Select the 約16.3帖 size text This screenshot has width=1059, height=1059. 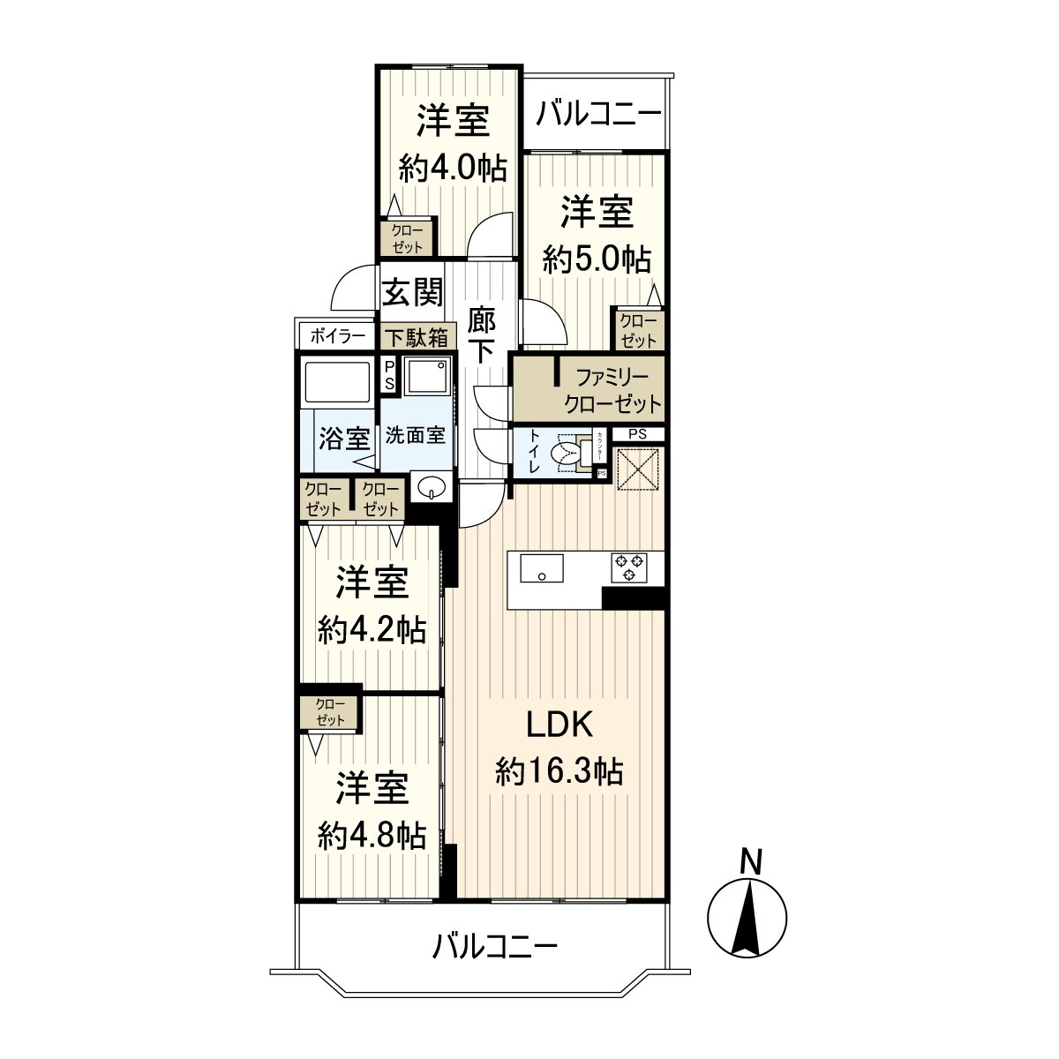click(560, 772)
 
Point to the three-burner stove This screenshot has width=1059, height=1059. click(629, 567)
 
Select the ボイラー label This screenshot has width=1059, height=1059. click(337, 336)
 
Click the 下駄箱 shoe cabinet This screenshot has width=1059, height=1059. click(415, 337)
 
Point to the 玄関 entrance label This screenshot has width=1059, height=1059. click(412, 293)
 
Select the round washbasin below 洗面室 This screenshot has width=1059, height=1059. click(432, 485)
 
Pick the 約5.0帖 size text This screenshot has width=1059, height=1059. click(597, 259)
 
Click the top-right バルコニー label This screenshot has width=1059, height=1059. click(598, 114)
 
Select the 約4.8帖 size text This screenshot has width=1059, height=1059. click(372, 835)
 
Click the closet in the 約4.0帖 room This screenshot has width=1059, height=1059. click(407, 237)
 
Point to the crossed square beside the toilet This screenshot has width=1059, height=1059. click(638, 467)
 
